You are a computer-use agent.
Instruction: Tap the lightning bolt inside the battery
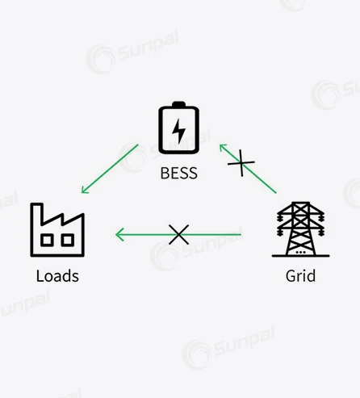click(x=178, y=131)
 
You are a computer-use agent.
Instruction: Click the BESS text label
click(x=179, y=173)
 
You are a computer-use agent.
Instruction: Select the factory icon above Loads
click(x=57, y=230)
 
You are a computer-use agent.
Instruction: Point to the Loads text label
click(x=57, y=276)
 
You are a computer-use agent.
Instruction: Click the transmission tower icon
click(x=300, y=229)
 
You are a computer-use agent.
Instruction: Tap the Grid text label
click(x=300, y=276)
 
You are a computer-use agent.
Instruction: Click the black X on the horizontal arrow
click(x=178, y=235)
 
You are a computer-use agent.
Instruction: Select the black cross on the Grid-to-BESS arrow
click(x=241, y=163)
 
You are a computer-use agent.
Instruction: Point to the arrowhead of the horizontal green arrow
click(x=119, y=234)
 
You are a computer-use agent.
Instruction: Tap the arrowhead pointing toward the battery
click(x=222, y=147)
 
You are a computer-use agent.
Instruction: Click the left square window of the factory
click(x=47, y=240)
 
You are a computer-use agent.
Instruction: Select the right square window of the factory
click(x=68, y=240)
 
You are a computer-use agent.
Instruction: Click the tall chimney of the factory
click(x=37, y=215)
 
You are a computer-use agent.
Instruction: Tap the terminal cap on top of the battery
click(x=178, y=104)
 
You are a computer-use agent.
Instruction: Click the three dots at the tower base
click(x=300, y=253)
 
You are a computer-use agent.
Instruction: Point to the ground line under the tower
click(x=300, y=256)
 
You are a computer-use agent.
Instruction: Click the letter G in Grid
click(x=291, y=276)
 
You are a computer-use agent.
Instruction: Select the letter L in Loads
click(x=40, y=276)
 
